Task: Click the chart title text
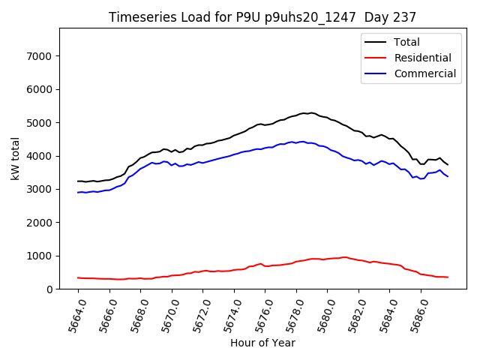(x=262, y=17)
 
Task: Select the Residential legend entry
(x=422, y=58)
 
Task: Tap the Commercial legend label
(x=424, y=73)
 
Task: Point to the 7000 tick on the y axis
(x=37, y=56)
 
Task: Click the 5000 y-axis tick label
(x=37, y=123)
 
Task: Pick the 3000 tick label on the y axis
(x=37, y=189)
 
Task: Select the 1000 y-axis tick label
(x=37, y=256)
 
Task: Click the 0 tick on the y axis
(x=46, y=289)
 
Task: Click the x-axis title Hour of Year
(x=262, y=343)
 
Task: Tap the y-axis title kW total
(x=15, y=157)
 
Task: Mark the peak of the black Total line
(x=311, y=112)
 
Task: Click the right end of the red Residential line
(x=448, y=277)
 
